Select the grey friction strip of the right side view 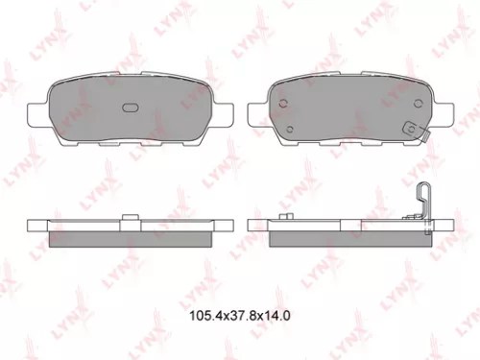348,236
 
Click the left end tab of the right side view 255,227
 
